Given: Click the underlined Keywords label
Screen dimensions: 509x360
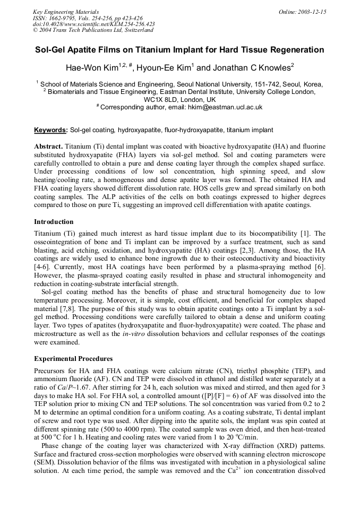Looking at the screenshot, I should (50, 130).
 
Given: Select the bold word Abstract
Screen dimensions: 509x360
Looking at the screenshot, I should (48, 146).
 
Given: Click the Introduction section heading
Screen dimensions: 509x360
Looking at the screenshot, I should (54, 221).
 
